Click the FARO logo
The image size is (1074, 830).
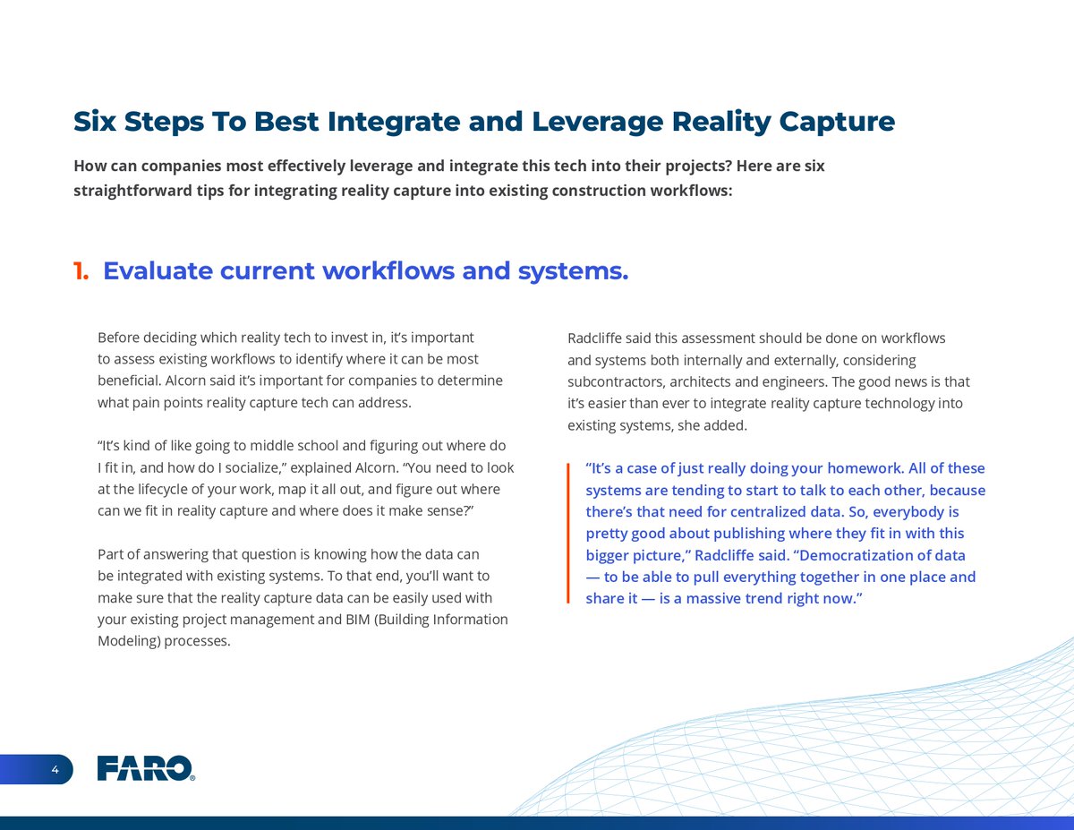click(x=145, y=768)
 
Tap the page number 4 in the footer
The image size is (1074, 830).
click(x=55, y=769)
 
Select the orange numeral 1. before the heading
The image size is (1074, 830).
click(x=81, y=271)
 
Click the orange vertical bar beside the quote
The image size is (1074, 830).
click(x=568, y=533)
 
